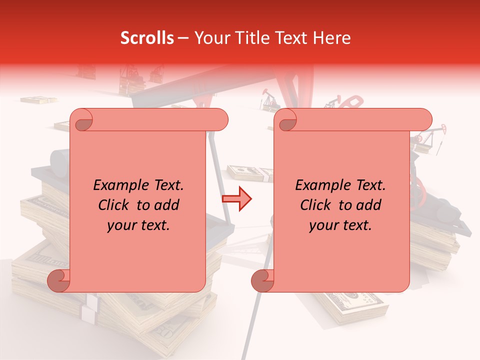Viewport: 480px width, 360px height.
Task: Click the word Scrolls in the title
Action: (x=147, y=38)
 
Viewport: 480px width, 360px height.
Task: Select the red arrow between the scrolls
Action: (x=236, y=199)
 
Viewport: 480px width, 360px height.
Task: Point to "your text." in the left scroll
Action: (x=138, y=225)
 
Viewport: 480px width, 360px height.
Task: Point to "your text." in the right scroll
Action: (x=340, y=225)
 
